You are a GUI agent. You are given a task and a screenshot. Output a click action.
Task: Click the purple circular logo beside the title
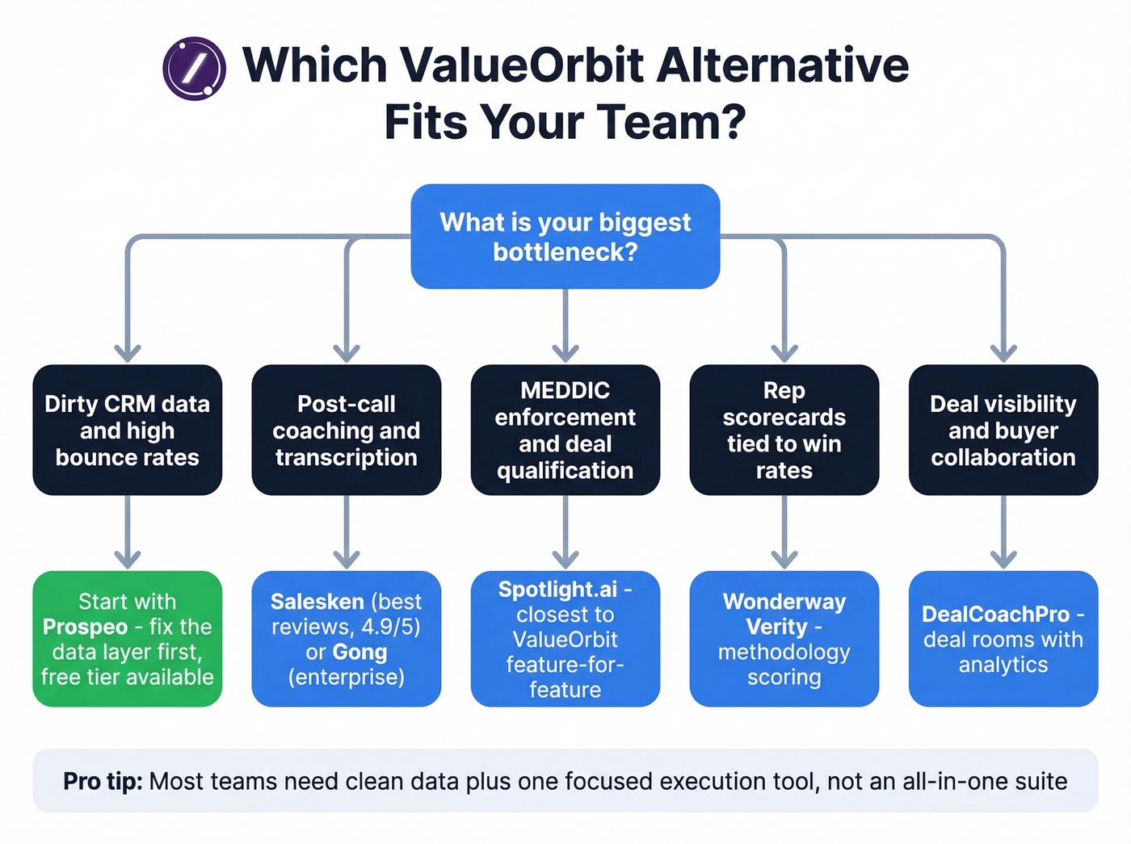click(194, 68)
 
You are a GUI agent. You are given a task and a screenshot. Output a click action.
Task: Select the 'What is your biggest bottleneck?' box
click(565, 237)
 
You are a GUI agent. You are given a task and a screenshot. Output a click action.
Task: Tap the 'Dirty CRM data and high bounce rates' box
click(127, 430)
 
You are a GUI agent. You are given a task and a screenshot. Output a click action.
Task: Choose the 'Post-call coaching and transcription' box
click(346, 430)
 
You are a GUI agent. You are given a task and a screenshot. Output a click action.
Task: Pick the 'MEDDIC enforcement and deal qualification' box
click(565, 430)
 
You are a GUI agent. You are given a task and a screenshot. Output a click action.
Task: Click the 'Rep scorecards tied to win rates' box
click(784, 430)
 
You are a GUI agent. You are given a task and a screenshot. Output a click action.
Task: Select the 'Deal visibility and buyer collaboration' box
click(1003, 430)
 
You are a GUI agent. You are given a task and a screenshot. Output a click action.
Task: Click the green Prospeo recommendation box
click(127, 639)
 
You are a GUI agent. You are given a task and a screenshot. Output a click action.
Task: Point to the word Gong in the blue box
click(359, 652)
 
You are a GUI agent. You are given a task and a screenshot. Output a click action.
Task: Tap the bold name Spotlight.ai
click(557, 590)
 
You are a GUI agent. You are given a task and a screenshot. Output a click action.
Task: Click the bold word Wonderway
click(784, 602)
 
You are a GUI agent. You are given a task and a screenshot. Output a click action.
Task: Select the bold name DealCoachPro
click(995, 614)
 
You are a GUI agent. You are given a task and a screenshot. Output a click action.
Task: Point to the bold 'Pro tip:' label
click(103, 781)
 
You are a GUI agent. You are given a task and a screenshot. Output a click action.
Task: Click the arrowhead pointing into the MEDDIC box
click(565, 352)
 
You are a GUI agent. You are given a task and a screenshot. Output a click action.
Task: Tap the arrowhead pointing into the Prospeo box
click(127, 559)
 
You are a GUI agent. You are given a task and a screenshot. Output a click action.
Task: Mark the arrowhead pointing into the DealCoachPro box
click(1003, 559)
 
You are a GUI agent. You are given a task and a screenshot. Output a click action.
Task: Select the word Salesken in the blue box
click(317, 602)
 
